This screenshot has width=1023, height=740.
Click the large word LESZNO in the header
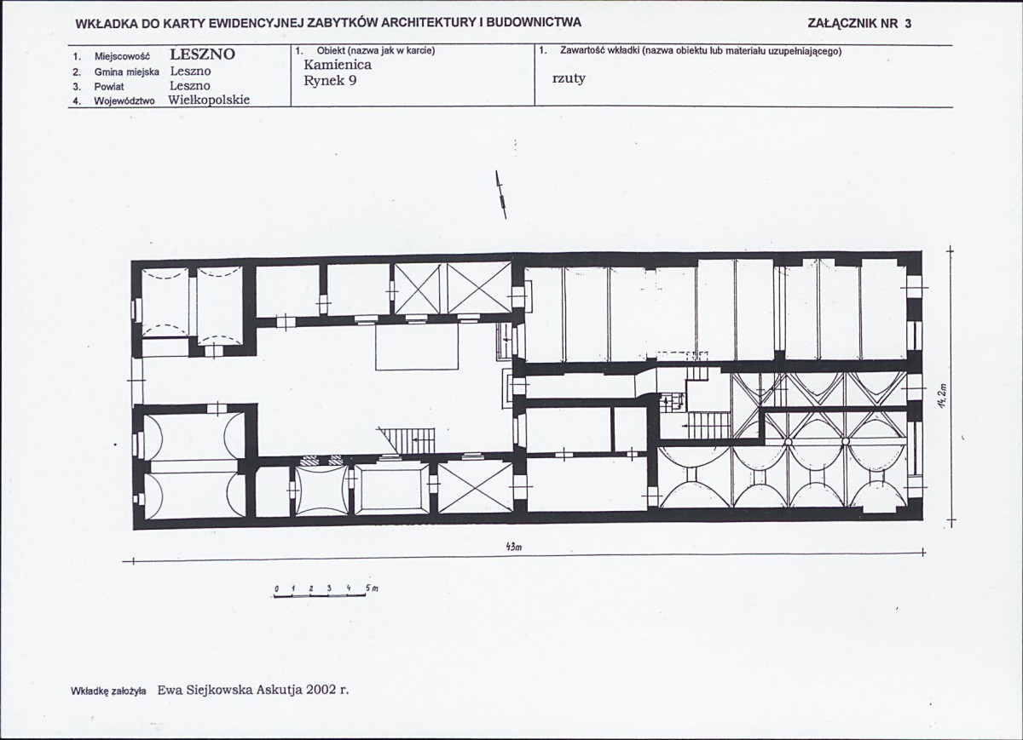click(202, 54)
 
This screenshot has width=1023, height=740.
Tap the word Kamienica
click(338, 65)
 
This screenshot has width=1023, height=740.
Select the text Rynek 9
click(330, 81)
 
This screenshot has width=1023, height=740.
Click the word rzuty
click(569, 78)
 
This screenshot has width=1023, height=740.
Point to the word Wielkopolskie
click(209, 100)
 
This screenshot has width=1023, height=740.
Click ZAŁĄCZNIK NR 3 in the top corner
click(859, 24)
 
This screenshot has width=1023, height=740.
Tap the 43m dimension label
click(514, 548)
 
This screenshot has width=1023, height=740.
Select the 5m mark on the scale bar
click(372, 588)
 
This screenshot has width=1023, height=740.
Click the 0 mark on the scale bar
click(277, 589)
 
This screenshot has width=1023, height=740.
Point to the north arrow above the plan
click(501, 194)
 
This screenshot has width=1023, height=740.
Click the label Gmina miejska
click(127, 72)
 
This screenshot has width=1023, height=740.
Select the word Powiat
click(109, 87)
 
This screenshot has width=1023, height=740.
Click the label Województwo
click(124, 101)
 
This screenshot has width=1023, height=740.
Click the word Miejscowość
click(122, 56)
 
